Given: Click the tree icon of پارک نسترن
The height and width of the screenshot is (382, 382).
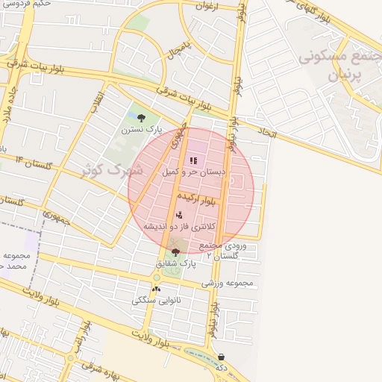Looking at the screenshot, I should tap(142, 116).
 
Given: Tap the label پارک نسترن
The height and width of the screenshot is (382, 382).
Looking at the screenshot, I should tap(142, 129).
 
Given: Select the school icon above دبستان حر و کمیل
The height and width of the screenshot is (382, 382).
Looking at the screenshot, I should tap(194, 160).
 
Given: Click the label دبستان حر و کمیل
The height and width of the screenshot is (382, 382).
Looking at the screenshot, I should tap(194, 172).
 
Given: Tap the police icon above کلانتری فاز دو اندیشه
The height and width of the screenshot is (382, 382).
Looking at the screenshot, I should tap(179, 215).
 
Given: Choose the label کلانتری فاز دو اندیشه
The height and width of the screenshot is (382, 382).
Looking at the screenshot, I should tap(179, 225).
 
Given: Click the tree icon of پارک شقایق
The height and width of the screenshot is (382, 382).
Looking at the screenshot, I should tap(175, 252).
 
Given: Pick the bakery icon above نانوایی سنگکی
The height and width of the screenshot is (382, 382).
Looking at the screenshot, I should tap(156, 289).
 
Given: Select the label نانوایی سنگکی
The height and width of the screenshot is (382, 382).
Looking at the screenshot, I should tap(154, 300).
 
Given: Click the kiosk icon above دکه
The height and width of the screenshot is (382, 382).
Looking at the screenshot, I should tap(221, 357).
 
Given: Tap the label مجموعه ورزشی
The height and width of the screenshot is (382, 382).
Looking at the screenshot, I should tap(228, 284).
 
